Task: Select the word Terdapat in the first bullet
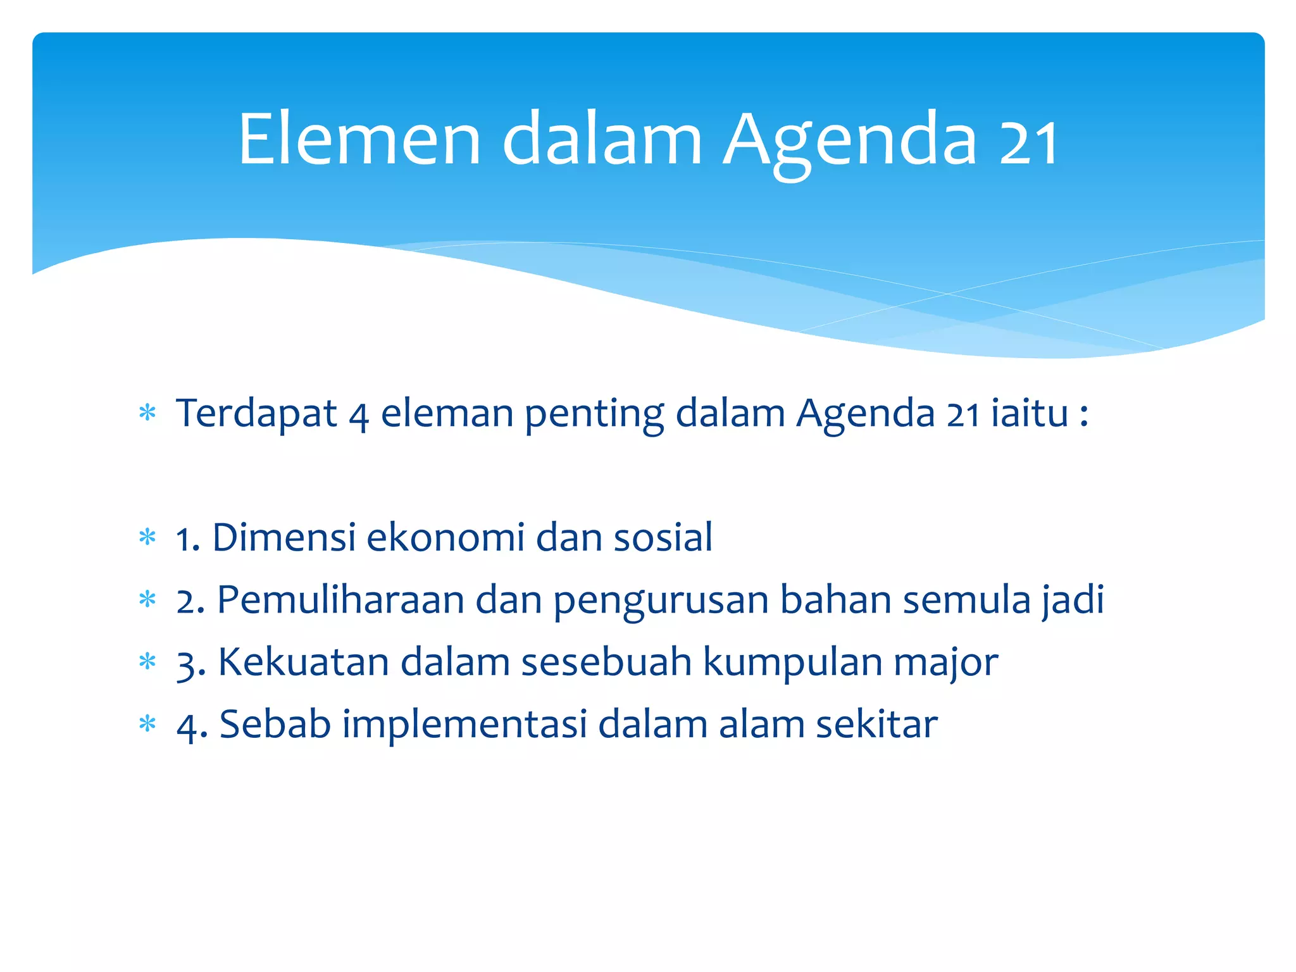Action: click(x=256, y=414)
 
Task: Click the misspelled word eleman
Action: click(x=447, y=414)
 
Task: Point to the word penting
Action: click(x=594, y=415)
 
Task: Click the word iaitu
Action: click(x=1030, y=414)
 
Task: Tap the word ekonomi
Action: click(x=445, y=538)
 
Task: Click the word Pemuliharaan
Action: click(x=340, y=600)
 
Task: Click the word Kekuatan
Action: click(x=303, y=663)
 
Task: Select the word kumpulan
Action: click(x=792, y=663)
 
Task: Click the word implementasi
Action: click(x=465, y=725)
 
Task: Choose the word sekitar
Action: click(x=876, y=725)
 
